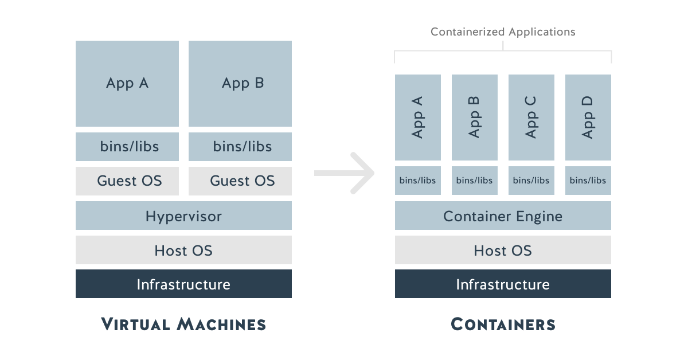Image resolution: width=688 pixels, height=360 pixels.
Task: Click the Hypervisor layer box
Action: [183, 216]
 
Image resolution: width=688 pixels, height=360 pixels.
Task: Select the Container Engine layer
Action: [503, 216]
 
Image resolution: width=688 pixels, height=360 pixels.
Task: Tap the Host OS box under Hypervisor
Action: [183, 251]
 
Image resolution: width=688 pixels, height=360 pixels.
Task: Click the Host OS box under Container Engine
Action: [503, 251]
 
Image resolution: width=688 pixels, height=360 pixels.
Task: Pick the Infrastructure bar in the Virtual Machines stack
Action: [183, 284]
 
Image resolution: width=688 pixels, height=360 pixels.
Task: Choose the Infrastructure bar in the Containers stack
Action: [503, 284]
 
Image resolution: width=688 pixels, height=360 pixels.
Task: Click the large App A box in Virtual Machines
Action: [127, 84]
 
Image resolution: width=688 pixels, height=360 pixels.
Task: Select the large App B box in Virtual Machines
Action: [240, 84]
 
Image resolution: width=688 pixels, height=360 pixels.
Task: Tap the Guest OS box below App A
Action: [127, 181]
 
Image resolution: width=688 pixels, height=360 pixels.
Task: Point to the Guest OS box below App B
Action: [240, 181]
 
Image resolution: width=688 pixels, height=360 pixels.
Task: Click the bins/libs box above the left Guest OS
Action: [127, 147]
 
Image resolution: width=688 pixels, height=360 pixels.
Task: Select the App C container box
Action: [531, 118]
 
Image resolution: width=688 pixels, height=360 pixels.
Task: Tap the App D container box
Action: [588, 118]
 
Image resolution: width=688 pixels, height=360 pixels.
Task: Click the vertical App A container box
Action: [418, 118]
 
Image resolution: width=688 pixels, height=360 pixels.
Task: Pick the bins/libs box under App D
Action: [588, 181]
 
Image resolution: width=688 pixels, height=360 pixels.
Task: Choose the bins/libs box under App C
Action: [531, 181]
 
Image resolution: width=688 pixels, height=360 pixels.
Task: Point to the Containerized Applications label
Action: [503, 32]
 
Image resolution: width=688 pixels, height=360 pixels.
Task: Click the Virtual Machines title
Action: [183, 324]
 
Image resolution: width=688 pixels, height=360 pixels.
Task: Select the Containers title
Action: [503, 324]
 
